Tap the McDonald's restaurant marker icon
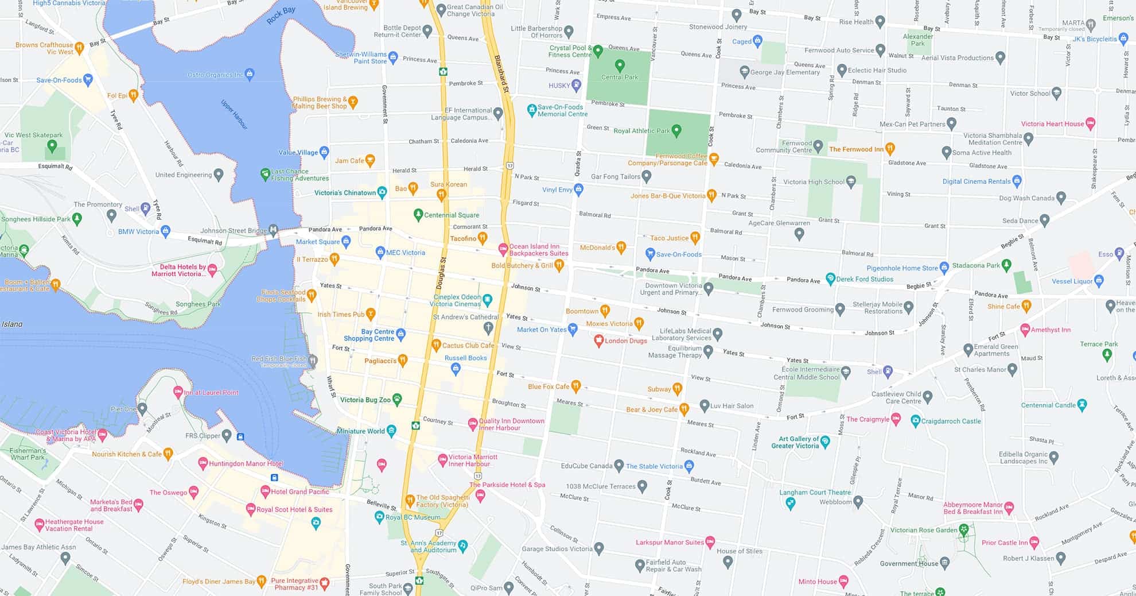coord(620,247)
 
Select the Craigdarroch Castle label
coord(951,421)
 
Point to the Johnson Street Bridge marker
coord(274,230)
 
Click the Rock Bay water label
coord(281,16)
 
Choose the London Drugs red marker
coord(598,340)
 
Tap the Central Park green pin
coord(620,65)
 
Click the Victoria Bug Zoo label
coord(365,400)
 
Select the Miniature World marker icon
coord(391,430)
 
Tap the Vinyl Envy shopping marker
coord(578,189)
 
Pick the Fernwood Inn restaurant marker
coord(889,149)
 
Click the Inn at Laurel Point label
coord(211,393)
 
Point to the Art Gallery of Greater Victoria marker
coord(825,442)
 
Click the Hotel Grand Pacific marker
coord(265,491)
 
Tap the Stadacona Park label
coord(975,265)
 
